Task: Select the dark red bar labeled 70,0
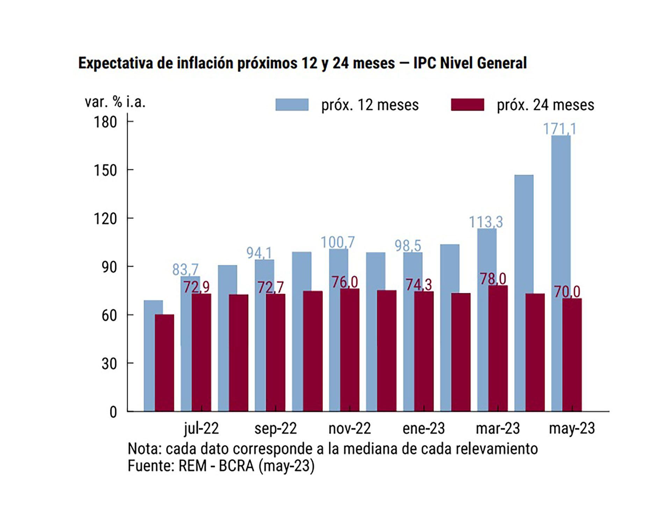tap(572, 355)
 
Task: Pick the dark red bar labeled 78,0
tap(498, 348)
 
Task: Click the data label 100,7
tap(338, 242)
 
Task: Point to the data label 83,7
tap(185, 269)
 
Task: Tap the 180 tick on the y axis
tap(105, 122)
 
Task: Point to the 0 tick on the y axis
tap(113, 412)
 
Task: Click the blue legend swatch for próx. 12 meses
tap(292, 105)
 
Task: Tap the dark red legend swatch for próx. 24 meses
tap(467, 105)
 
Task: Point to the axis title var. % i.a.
tap(115, 102)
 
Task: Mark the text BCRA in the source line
tap(236, 466)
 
